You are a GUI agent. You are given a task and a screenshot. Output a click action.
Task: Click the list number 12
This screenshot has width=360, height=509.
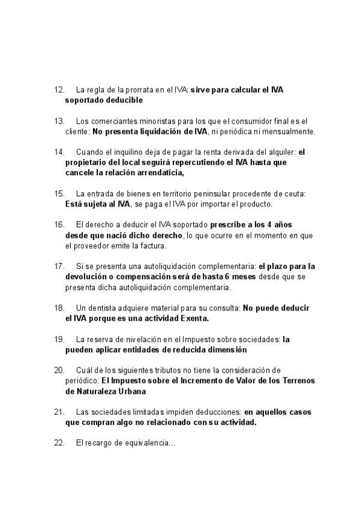click(59, 90)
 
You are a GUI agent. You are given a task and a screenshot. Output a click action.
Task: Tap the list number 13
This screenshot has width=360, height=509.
click(59, 121)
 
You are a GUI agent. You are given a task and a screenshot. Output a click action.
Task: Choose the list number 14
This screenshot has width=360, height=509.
click(59, 152)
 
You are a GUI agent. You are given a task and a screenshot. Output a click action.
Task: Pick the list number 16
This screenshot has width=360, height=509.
click(59, 224)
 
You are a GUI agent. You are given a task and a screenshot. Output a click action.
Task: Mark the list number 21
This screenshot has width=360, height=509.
click(59, 411)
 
